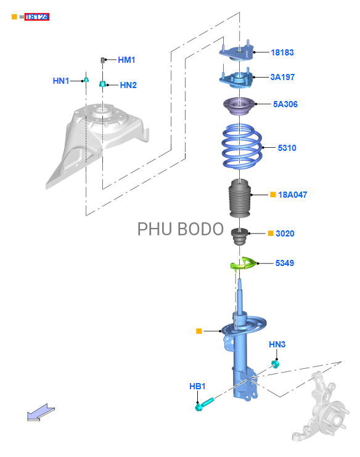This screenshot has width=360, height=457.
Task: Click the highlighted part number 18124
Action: tap(37, 17)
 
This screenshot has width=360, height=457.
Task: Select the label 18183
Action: tap(282, 52)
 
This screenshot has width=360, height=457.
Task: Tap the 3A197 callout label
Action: tap(282, 77)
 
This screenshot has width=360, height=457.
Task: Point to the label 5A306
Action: tap(285, 104)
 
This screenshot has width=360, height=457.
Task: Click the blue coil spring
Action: tap(242, 147)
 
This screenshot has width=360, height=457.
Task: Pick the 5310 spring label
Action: tap(287, 148)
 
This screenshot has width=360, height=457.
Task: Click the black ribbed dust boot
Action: tap(240, 198)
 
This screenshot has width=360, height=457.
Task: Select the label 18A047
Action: tap(293, 195)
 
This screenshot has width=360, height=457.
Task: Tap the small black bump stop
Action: tap(240, 237)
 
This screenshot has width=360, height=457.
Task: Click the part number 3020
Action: tap(285, 233)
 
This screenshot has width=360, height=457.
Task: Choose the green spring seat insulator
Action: tap(243, 263)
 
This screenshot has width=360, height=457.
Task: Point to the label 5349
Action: tap(284, 263)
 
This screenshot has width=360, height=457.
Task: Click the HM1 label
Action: tap(126, 60)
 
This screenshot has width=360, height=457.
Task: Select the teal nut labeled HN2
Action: tap(102, 84)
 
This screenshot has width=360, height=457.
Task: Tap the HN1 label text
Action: tap(60, 81)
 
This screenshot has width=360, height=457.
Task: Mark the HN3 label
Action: tap(277, 344)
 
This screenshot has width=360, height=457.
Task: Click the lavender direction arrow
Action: tap(41, 413)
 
